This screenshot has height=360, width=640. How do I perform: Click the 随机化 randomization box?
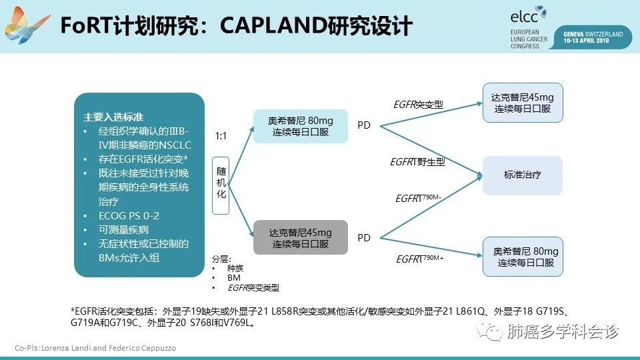coord(221,185)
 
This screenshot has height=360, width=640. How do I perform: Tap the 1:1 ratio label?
coord(221,135)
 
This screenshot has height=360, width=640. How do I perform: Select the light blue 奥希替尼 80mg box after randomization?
coord(301,126)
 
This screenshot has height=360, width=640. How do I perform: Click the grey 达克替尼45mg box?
coord(300,238)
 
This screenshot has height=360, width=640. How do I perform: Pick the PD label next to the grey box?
coord(364,237)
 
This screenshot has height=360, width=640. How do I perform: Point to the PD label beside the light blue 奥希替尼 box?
coord(364,125)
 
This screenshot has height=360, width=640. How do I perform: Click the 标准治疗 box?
coord(522,175)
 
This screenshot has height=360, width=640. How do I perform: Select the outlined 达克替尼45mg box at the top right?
coord(522,102)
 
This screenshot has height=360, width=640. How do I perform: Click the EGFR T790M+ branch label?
coord(419,259)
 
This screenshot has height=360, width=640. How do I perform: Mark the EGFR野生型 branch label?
coord(417,162)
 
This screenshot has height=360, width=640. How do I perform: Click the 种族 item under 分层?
coord(235,268)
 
